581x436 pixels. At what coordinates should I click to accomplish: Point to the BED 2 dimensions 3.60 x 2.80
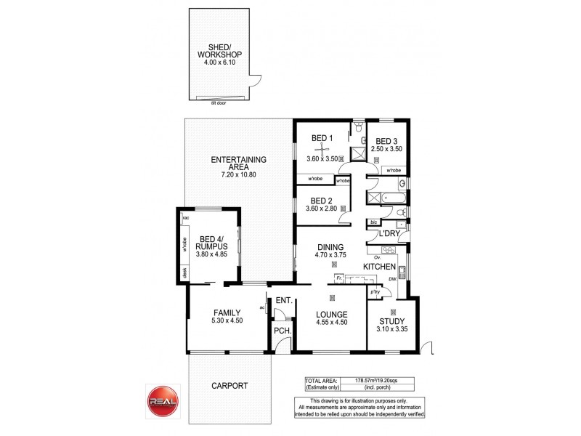click(x=321, y=209)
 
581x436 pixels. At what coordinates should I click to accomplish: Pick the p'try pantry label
click(x=375, y=292)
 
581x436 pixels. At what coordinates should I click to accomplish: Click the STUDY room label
click(x=391, y=320)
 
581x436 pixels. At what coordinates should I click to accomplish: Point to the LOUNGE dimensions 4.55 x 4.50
click(x=331, y=323)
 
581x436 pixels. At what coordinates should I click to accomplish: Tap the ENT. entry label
click(x=283, y=300)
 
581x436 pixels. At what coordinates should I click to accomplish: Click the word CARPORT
click(x=230, y=386)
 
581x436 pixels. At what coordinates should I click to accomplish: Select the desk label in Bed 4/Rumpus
click(x=184, y=274)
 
